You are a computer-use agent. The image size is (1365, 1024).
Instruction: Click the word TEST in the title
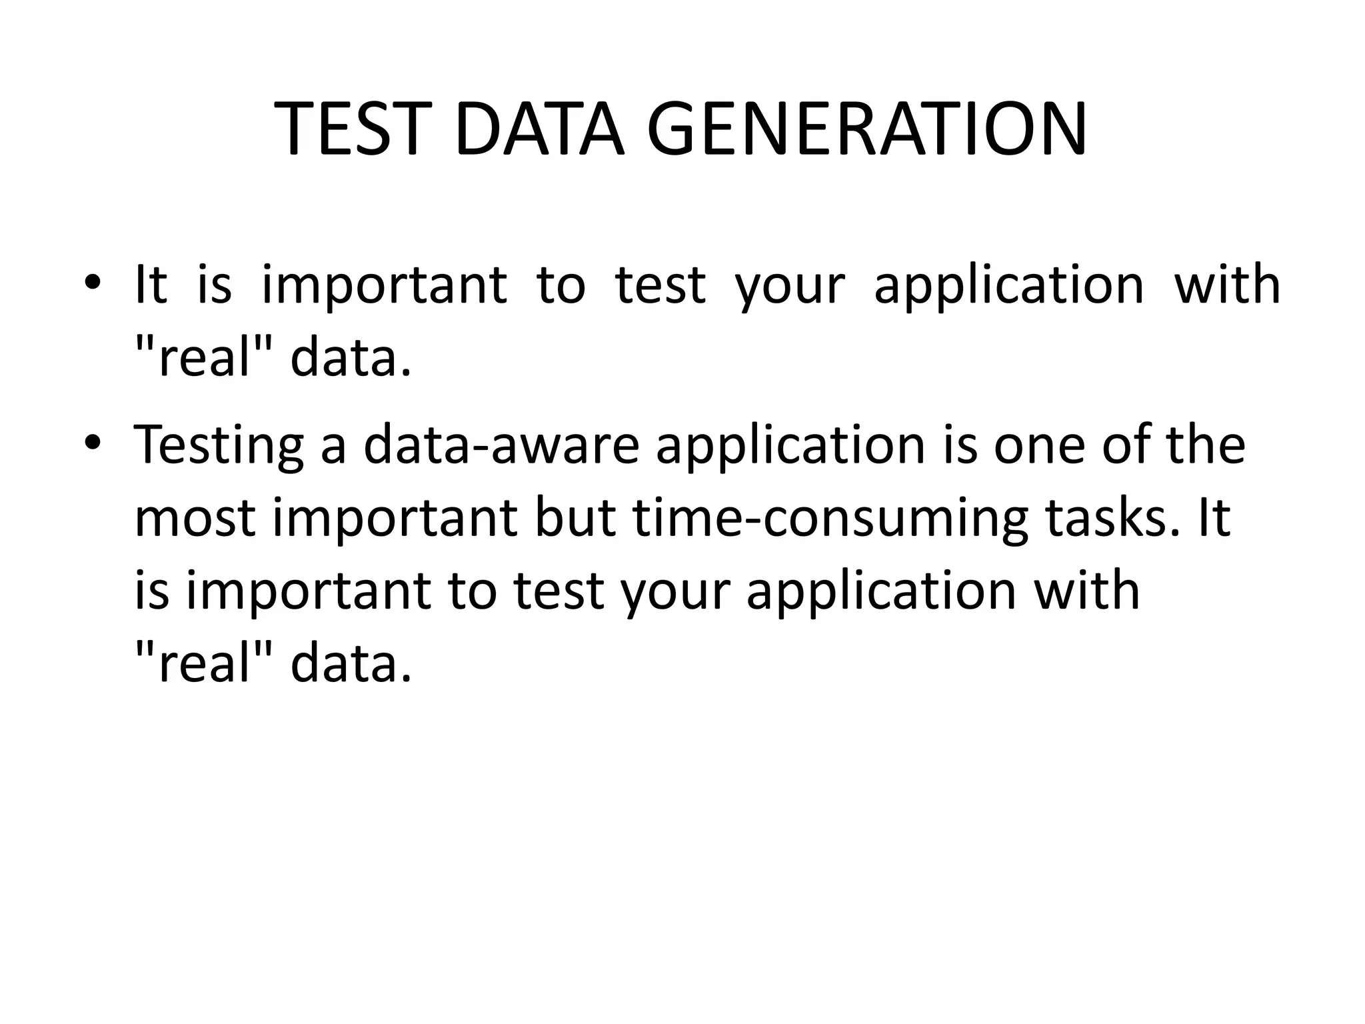pyautogui.click(x=349, y=129)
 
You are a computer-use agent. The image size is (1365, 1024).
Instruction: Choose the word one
pyautogui.click(x=1040, y=445)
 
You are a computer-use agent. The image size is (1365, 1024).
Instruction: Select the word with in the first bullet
pyautogui.click(x=1226, y=285)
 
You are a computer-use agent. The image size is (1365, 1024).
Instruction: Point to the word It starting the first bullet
pyautogui.click(x=151, y=285)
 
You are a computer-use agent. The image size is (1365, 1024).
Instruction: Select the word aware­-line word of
pyautogui.click(x=1126, y=445)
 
